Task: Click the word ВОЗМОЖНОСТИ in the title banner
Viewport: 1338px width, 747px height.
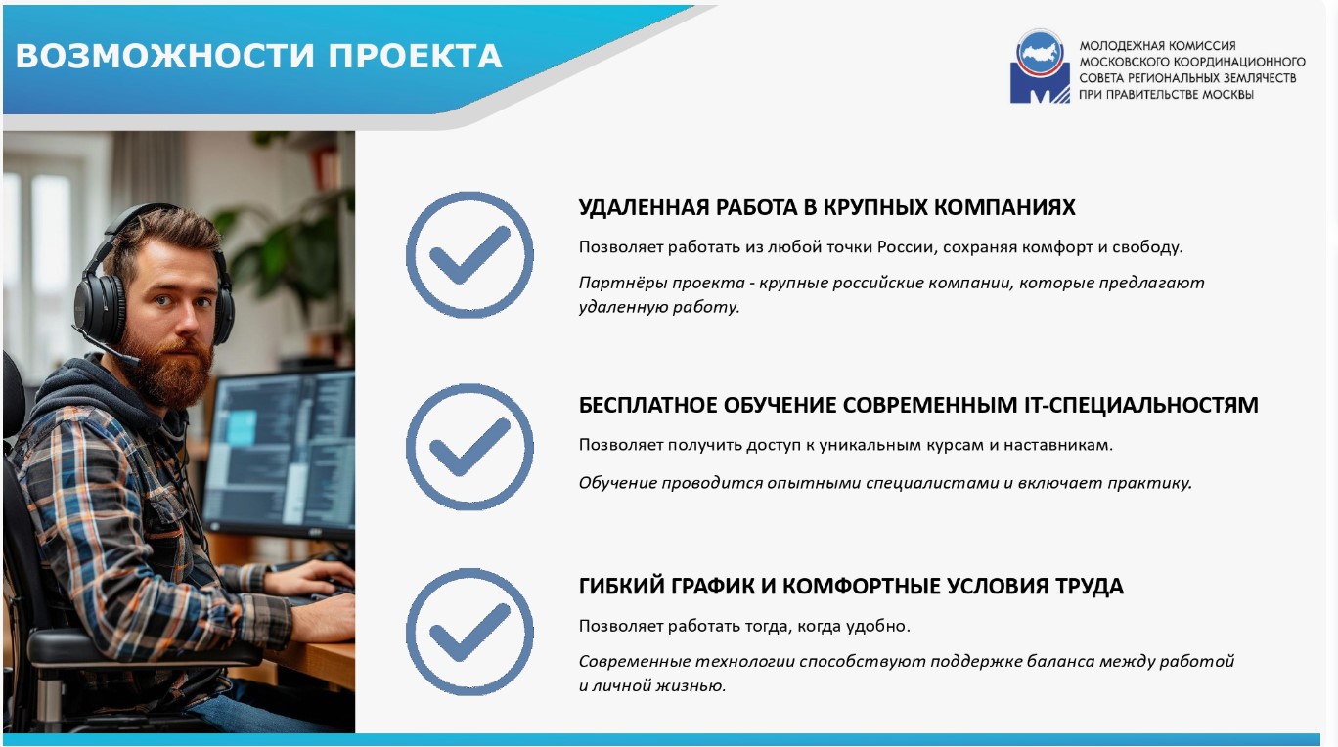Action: click(164, 56)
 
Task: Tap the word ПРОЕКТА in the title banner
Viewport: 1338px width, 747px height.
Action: click(415, 56)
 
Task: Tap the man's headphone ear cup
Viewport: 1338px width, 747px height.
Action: click(101, 308)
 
